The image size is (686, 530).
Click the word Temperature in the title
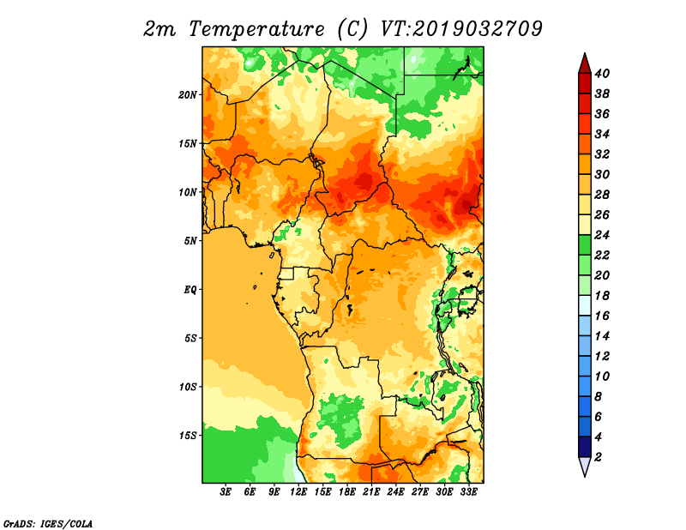click(x=256, y=29)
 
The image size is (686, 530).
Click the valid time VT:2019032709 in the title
click(x=461, y=28)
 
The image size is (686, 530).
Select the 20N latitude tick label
click(x=187, y=95)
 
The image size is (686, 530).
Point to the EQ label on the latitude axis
click(x=190, y=290)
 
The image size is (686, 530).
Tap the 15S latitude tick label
click(x=187, y=436)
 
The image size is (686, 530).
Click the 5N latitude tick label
click(x=190, y=241)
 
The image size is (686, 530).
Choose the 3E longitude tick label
click(x=226, y=492)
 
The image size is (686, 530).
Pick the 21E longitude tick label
click(x=371, y=492)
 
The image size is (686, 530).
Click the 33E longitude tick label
click(x=468, y=492)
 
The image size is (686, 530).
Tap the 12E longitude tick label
click(x=298, y=492)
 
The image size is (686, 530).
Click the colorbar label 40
click(x=602, y=74)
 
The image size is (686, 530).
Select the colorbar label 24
click(x=602, y=235)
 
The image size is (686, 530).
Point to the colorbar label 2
click(x=598, y=457)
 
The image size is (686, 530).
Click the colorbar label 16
click(x=602, y=316)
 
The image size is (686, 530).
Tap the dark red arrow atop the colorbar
click(x=585, y=64)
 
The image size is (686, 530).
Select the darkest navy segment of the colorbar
click(x=585, y=447)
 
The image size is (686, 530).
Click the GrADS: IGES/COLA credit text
click(x=48, y=523)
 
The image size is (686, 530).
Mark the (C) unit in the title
click(x=352, y=29)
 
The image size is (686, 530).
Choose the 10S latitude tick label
click(x=187, y=387)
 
